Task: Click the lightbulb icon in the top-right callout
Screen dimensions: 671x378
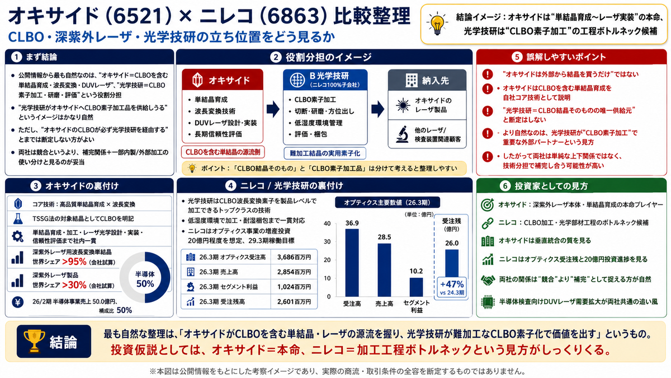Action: (x=437, y=24)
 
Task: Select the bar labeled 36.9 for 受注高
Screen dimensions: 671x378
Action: (x=352, y=263)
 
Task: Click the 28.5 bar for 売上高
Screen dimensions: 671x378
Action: (x=384, y=270)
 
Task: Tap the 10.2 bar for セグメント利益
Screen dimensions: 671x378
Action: (x=416, y=287)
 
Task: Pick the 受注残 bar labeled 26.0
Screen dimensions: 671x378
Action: (x=452, y=263)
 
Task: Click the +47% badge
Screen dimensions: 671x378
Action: (x=452, y=287)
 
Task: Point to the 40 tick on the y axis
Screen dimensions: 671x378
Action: (x=327, y=223)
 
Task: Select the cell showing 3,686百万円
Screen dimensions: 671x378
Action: (x=294, y=257)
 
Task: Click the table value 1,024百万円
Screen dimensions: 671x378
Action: (x=294, y=287)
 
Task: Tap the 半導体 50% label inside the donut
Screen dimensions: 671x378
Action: (x=145, y=279)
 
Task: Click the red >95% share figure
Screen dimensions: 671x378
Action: (x=74, y=262)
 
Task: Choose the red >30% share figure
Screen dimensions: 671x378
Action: (x=74, y=284)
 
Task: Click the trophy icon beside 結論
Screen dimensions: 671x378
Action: (x=34, y=341)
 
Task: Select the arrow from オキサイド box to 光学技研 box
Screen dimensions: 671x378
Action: (x=273, y=109)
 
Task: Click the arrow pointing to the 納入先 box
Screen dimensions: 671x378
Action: (x=378, y=109)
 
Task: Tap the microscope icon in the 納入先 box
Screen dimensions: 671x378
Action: (x=402, y=134)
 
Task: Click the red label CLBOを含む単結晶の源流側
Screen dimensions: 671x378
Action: (x=223, y=152)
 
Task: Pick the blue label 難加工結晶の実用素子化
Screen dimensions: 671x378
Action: (x=325, y=153)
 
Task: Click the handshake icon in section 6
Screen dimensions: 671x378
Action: (x=488, y=280)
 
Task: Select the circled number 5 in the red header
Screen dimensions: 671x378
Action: (x=517, y=57)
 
